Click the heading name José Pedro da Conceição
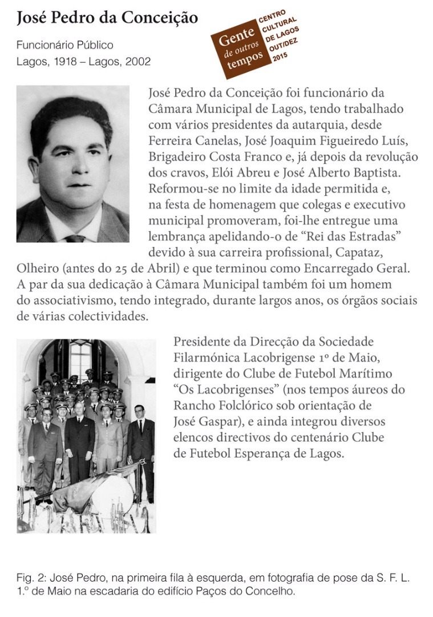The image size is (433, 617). coord(107,18)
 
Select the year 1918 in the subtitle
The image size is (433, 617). coord(64,62)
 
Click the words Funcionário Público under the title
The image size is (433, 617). coord(64,45)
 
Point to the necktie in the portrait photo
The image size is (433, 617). coord(75,236)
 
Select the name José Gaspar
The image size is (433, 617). coord(202,422)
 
